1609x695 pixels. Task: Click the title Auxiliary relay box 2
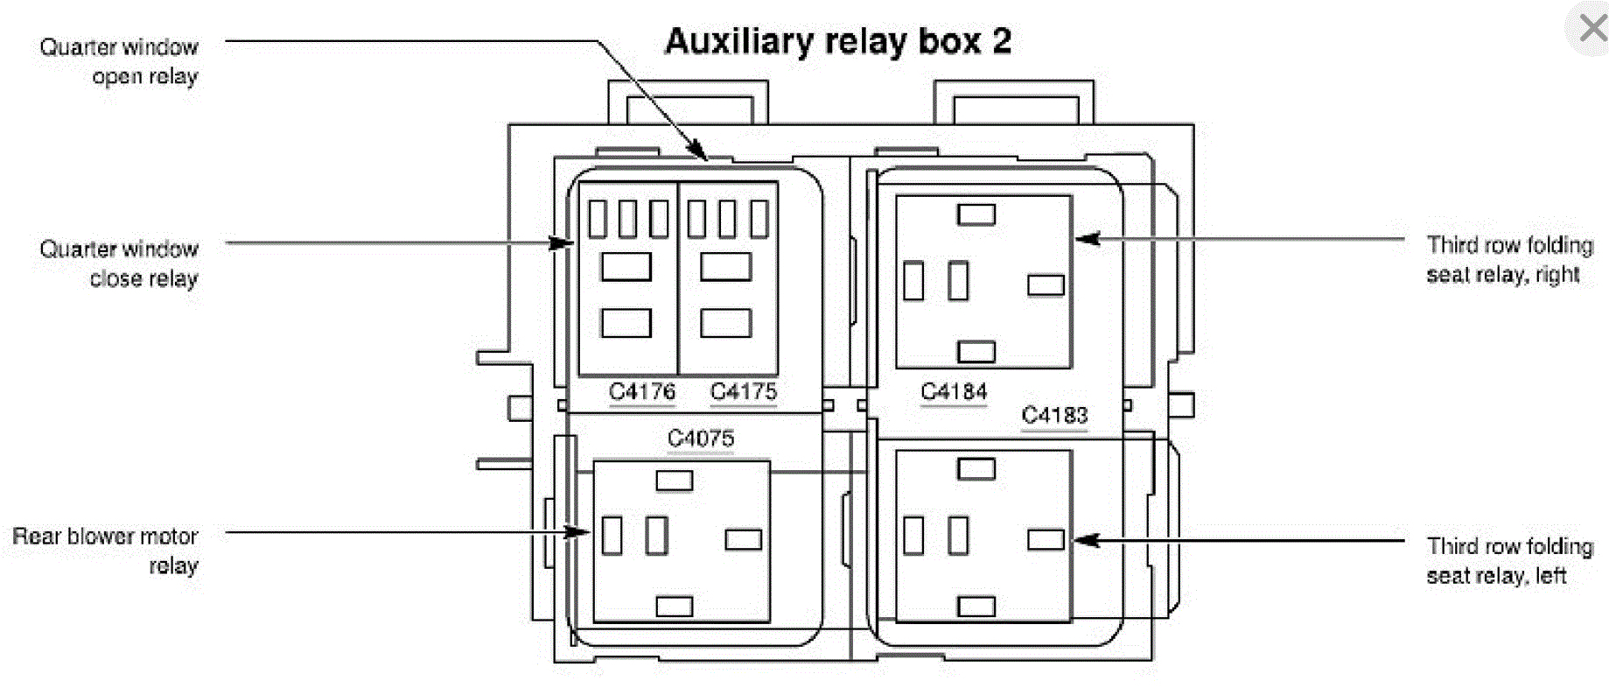click(x=837, y=42)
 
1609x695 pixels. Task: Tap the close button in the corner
click(x=1592, y=28)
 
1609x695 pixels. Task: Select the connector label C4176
click(x=642, y=391)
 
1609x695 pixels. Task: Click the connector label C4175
click(x=743, y=391)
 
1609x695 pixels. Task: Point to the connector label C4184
click(x=954, y=391)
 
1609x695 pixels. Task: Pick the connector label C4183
click(x=1054, y=415)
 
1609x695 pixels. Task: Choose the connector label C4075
click(x=700, y=438)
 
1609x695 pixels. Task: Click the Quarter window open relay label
click(x=119, y=61)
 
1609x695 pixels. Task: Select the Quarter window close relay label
click(x=119, y=263)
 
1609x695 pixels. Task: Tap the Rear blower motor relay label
click(x=106, y=551)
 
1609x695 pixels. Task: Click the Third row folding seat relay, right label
click(x=1508, y=259)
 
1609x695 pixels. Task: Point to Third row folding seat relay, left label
click(x=1508, y=560)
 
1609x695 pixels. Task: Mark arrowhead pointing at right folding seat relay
click(x=1085, y=238)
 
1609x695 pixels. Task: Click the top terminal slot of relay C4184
click(x=976, y=214)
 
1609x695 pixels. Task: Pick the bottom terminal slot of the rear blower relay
click(x=674, y=606)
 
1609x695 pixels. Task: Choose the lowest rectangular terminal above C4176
click(x=626, y=323)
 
